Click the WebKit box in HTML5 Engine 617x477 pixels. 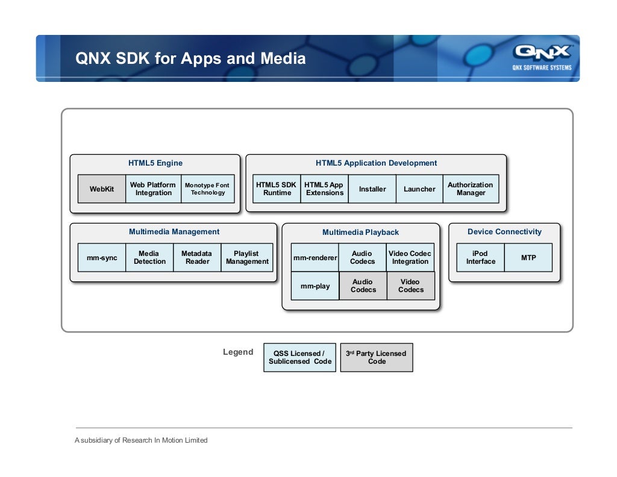pyautogui.click(x=102, y=189)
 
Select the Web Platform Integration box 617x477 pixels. pyautogui.click(x=153, y=189)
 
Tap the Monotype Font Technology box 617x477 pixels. pyautogui.click(x=207, y=189)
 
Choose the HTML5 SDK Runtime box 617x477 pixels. pyautogui.click(x=277, y=189)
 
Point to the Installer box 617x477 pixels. pyautogui.click(x=372, y=189)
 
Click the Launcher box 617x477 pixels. pyautogui.click(x=419, y=189)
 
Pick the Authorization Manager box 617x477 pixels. pyautogui.click(x=471, y=189)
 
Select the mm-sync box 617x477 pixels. pyautogui.click(x=102, y=258)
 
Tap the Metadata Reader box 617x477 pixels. pyautogui.click(x=197, y=258)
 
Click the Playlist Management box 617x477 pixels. pyautogui.click(x=247, y=258)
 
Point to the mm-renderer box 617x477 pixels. pyautogui.click(x=315, y=258)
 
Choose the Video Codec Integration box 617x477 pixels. pyautogui.click(x=410, y=258)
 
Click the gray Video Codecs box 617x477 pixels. pyautogui.click(x=410, y=286)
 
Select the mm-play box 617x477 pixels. pyautogui.click(x=315, y=286)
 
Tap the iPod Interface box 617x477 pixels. pyautogui.click(x=480, y=258)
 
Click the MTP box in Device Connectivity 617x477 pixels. pyautogui.click(x=528, y=258)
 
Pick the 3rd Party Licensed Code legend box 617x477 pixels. pyautogui.click(x=377, y=358)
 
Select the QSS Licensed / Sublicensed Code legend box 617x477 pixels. pyautogui.click(x=299, y=358)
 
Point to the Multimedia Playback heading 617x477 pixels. pyautogui.click(x=360, y=232)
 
